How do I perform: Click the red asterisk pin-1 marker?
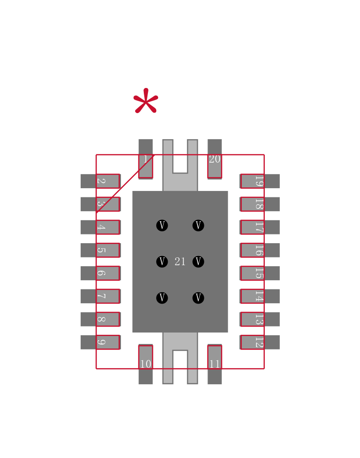tap(146, 101)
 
